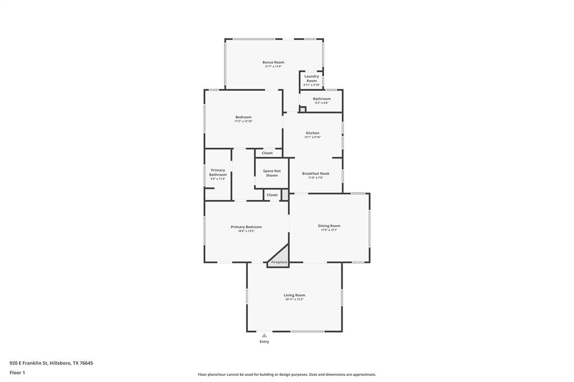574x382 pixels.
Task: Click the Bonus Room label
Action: click(273, 62)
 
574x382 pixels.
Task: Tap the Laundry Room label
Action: click(312, 78)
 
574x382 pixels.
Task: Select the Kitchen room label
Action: click(312, 133)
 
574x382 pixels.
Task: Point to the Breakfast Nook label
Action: click(316, 174)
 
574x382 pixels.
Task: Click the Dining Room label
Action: click(329, 226)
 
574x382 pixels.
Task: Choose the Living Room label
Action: click(294, 295)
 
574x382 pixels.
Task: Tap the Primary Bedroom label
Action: click(246, 227)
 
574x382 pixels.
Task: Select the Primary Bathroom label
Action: click(218, 173)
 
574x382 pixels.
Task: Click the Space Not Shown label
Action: click(272, 173)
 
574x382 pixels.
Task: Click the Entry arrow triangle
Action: click(264, 336)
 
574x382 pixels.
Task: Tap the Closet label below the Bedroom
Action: click(267, 153)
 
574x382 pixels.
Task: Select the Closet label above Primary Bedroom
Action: click(272, 195)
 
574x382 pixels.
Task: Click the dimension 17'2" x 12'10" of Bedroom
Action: click(243, 121)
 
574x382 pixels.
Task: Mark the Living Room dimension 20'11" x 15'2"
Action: click(294, 300)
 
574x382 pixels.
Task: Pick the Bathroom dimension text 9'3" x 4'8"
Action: click(322, 103)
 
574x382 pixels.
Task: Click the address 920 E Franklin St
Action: click(51, 363)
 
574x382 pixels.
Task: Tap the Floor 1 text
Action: click(17, 372)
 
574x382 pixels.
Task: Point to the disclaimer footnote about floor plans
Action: click(286, 375)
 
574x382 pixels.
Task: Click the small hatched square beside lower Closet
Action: click(285, 195)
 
